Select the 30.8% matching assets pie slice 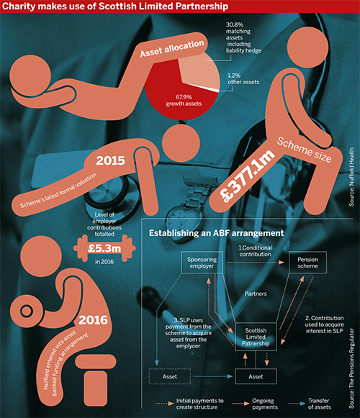click(x=199, y=71)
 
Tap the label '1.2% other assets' click(x=243, y=79)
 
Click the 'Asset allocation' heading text click(x=172, y=48)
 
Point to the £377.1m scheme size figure click(x=248, y=176)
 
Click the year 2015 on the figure click(x=110, y=160)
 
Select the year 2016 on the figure click(x=93, y=320)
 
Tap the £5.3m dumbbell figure click(x=104, y=248)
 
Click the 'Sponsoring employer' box click(x=202, y=263)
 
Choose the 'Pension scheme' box click(x=307, y=263)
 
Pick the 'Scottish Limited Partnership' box click(x=256, y=337)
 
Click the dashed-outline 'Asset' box click(x=170, y=376)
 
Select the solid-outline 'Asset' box click(x=256, y=376)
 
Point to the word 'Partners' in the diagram click(x=256, y=294)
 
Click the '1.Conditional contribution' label click(x=255, y=251)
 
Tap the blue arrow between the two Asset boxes click(x=213, y=376)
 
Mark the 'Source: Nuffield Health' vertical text click(x=352, y=177)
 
